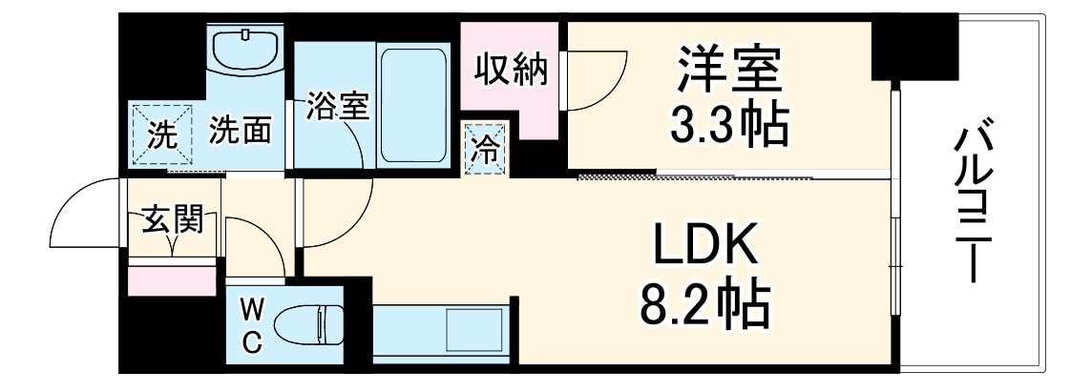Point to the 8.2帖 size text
coord(704,303)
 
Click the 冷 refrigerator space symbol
coord(486,151)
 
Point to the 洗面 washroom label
coord(239,131)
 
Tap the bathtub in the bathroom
coord(414,105)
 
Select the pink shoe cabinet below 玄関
coord(172,280)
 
